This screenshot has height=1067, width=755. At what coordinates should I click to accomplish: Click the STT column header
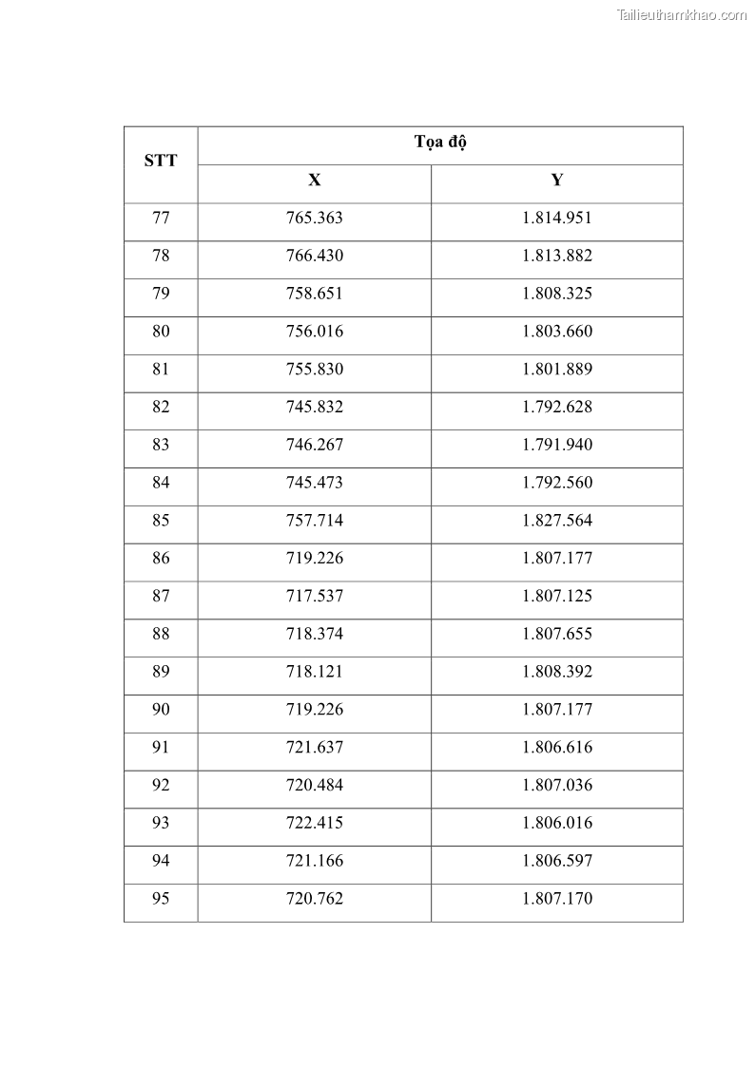tap(160, 161)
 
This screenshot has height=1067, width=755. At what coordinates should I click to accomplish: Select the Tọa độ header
tap(440, 143)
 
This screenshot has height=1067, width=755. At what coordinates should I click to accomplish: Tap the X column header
tap(314, 181)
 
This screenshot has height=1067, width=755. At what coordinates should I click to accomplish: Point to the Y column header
tap(557, 181)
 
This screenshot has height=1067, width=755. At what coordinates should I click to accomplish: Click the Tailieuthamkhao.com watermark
tap(682, 14)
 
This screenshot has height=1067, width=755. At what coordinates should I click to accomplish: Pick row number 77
tap(161, 218)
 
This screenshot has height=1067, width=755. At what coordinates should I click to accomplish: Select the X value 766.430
tap(314, 256)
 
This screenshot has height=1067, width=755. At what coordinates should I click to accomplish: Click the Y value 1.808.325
tap(557, 294)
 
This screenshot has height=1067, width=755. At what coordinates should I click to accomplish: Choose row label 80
tap(161, 332)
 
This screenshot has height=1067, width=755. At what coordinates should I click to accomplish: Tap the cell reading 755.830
tap(314, 370)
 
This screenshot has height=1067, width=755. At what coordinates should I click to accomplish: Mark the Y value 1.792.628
tap(557, 407)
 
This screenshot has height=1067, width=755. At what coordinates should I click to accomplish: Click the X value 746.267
tap(314, 445)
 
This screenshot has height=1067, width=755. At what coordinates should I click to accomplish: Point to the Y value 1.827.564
tap(557, 521)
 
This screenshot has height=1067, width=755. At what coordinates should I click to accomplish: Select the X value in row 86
tap(314, 559)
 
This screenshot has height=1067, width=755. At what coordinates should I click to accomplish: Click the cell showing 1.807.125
tap(557, 597)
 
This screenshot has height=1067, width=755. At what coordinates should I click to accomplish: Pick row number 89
tap(161, 672)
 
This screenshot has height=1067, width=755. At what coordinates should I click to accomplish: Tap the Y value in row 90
tap(557, 710)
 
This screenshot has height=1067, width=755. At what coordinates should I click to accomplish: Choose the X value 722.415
tap(314, 823)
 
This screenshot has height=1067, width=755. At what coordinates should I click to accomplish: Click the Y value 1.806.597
tap(557, 861)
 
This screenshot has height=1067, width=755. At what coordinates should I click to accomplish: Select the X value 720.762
tap(314, 899)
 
